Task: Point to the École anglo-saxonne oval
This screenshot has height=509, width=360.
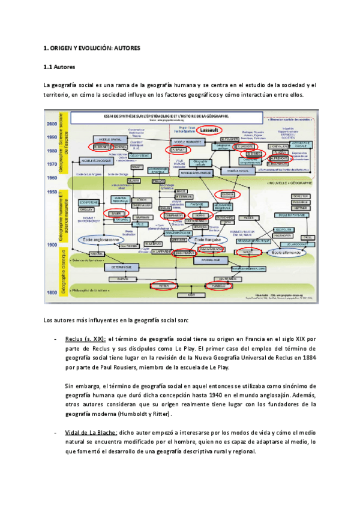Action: (103, 239)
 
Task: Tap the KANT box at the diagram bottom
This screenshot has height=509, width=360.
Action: (192, 296)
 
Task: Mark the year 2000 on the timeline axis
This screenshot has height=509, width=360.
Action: (51, 123)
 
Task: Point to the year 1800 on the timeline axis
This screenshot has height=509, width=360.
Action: (51, 292)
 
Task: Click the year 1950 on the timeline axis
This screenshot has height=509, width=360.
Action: (51, 191)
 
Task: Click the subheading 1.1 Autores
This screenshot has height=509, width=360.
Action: (60, 67)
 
